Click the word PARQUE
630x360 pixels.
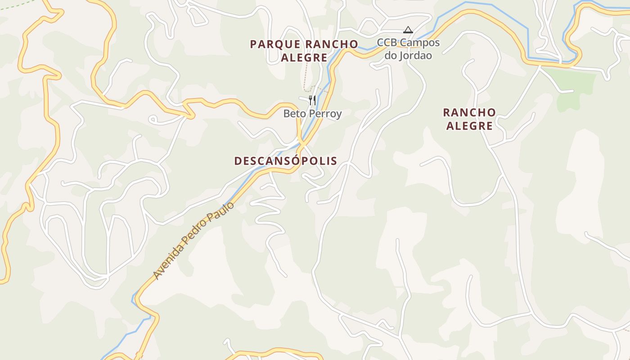pos(275,44)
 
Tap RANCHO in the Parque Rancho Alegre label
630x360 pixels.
pos(331,44)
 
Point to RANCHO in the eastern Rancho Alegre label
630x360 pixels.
pos(469,112)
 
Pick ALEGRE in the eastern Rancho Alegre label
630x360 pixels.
pos(469,126)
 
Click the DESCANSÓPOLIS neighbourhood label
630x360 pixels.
pos(286,161)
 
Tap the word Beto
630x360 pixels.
pos(293,114)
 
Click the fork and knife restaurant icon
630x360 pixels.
pos(312,99)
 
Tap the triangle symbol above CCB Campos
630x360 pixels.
pos(408,30)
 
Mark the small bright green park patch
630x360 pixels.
pos(576,88)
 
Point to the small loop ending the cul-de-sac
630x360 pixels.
pos(153,120)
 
